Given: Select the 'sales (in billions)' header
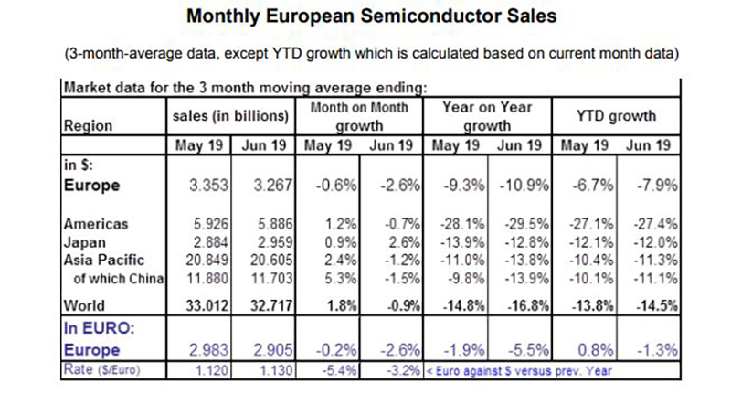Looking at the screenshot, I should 229,116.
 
